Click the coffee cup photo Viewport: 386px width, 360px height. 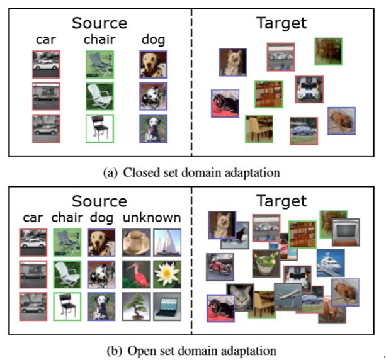[x=134, y=242]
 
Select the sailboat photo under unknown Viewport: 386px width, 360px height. [x=167, y=242]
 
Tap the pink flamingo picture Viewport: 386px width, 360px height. [x=134, y=274]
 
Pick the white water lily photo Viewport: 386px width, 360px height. [x=167, y=274]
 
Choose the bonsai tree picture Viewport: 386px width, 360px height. [x=134, y=307]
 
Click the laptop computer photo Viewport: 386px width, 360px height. [x=167, y=307]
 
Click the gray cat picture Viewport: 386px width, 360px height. [x=239, y=296]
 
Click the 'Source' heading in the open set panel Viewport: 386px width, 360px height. [x=99, y=201]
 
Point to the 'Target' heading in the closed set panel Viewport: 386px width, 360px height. [x=281, y=23]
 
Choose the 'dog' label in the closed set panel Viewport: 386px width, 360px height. [x=153, y=40]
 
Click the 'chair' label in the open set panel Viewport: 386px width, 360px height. [x=66, y=218]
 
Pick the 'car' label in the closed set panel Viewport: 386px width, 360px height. [x=45, y=40]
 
